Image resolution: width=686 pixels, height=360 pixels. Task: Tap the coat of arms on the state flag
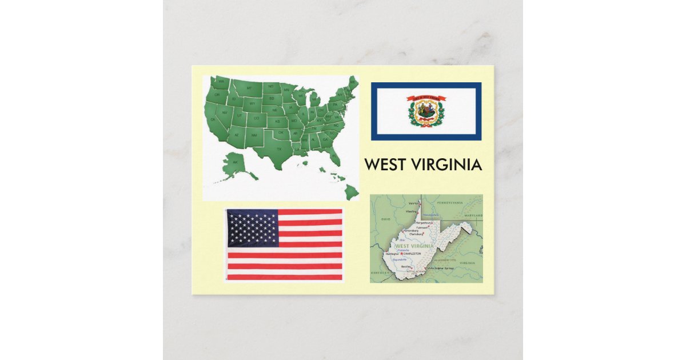click(x=426, y=111)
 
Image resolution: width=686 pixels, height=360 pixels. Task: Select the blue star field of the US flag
click(x=253, y=227)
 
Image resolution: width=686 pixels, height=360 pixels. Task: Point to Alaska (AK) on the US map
click(x=234, y=162)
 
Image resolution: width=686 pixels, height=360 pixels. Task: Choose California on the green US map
click(x=214, y=118)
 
